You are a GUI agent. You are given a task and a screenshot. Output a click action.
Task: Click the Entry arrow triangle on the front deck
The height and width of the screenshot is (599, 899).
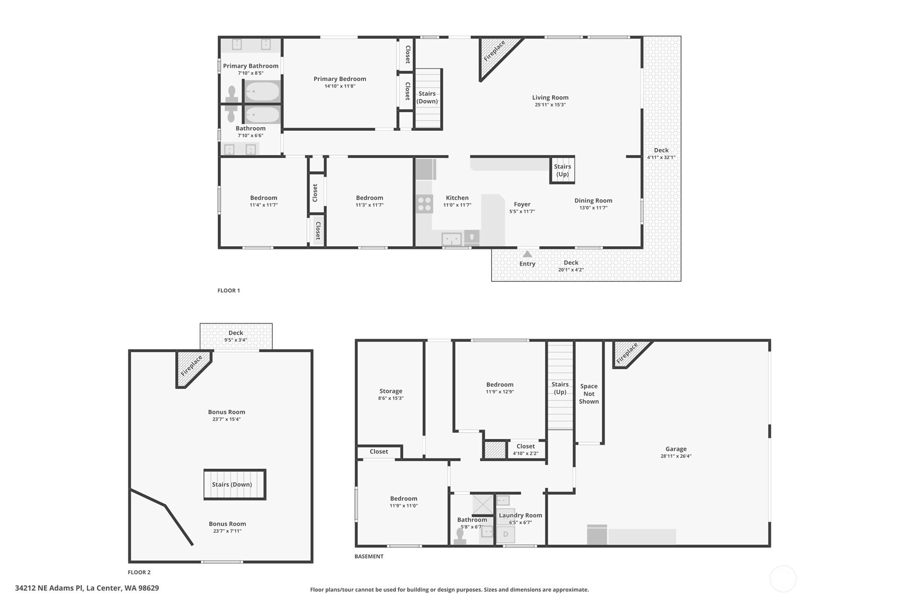coord(527,254)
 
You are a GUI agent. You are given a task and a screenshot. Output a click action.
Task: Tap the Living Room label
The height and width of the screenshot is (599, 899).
coord(550,97)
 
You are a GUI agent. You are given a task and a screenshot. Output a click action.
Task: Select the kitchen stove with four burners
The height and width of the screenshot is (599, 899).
coord(424,203)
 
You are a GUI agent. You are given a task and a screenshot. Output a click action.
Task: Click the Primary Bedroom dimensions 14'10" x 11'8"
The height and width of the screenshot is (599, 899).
coord(340,86)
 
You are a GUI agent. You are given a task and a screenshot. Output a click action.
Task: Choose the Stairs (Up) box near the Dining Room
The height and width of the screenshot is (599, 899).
coord(562,170)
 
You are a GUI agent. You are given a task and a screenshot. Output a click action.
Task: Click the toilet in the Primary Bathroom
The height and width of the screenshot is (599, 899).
coord(232,94)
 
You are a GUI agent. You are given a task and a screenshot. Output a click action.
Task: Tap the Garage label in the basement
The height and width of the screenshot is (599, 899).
coord(676,449)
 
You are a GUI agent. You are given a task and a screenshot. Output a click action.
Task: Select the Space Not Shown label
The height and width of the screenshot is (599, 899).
coord(589,394)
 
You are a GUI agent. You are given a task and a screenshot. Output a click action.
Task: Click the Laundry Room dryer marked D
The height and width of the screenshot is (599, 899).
coord(506,534)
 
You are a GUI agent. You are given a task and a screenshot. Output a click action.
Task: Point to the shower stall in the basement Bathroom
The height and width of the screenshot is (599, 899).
coord(483,504)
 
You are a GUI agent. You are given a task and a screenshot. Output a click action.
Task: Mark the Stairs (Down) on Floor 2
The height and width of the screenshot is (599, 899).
coord(235,484)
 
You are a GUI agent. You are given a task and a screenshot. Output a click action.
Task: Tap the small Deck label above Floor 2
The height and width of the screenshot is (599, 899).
coord(236,333)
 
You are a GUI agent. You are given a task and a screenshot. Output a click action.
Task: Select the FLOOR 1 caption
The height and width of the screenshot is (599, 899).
coord(229,290)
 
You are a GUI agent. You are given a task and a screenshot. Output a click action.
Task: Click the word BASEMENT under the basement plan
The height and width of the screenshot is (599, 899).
coord(369,557)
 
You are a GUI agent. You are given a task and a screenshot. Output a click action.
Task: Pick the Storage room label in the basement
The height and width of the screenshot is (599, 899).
coord(391,391)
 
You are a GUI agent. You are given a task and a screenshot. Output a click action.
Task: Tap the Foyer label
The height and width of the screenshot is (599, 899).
coord(522,204)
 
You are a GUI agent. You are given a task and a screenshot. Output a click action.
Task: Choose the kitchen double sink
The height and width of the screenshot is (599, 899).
coord(451,239)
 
